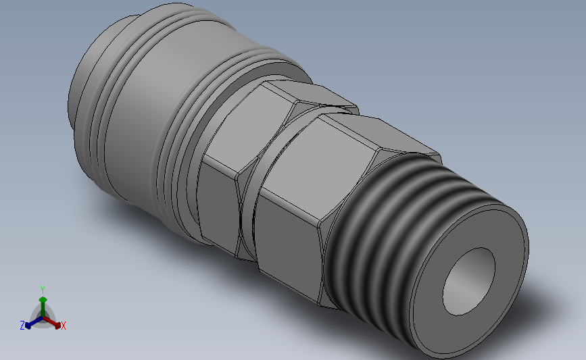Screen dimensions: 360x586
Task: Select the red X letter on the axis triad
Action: tap(64, 326)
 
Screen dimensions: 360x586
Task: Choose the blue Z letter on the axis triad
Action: tap(22, 326)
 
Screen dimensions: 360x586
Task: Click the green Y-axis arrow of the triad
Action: tap(43, 302)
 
